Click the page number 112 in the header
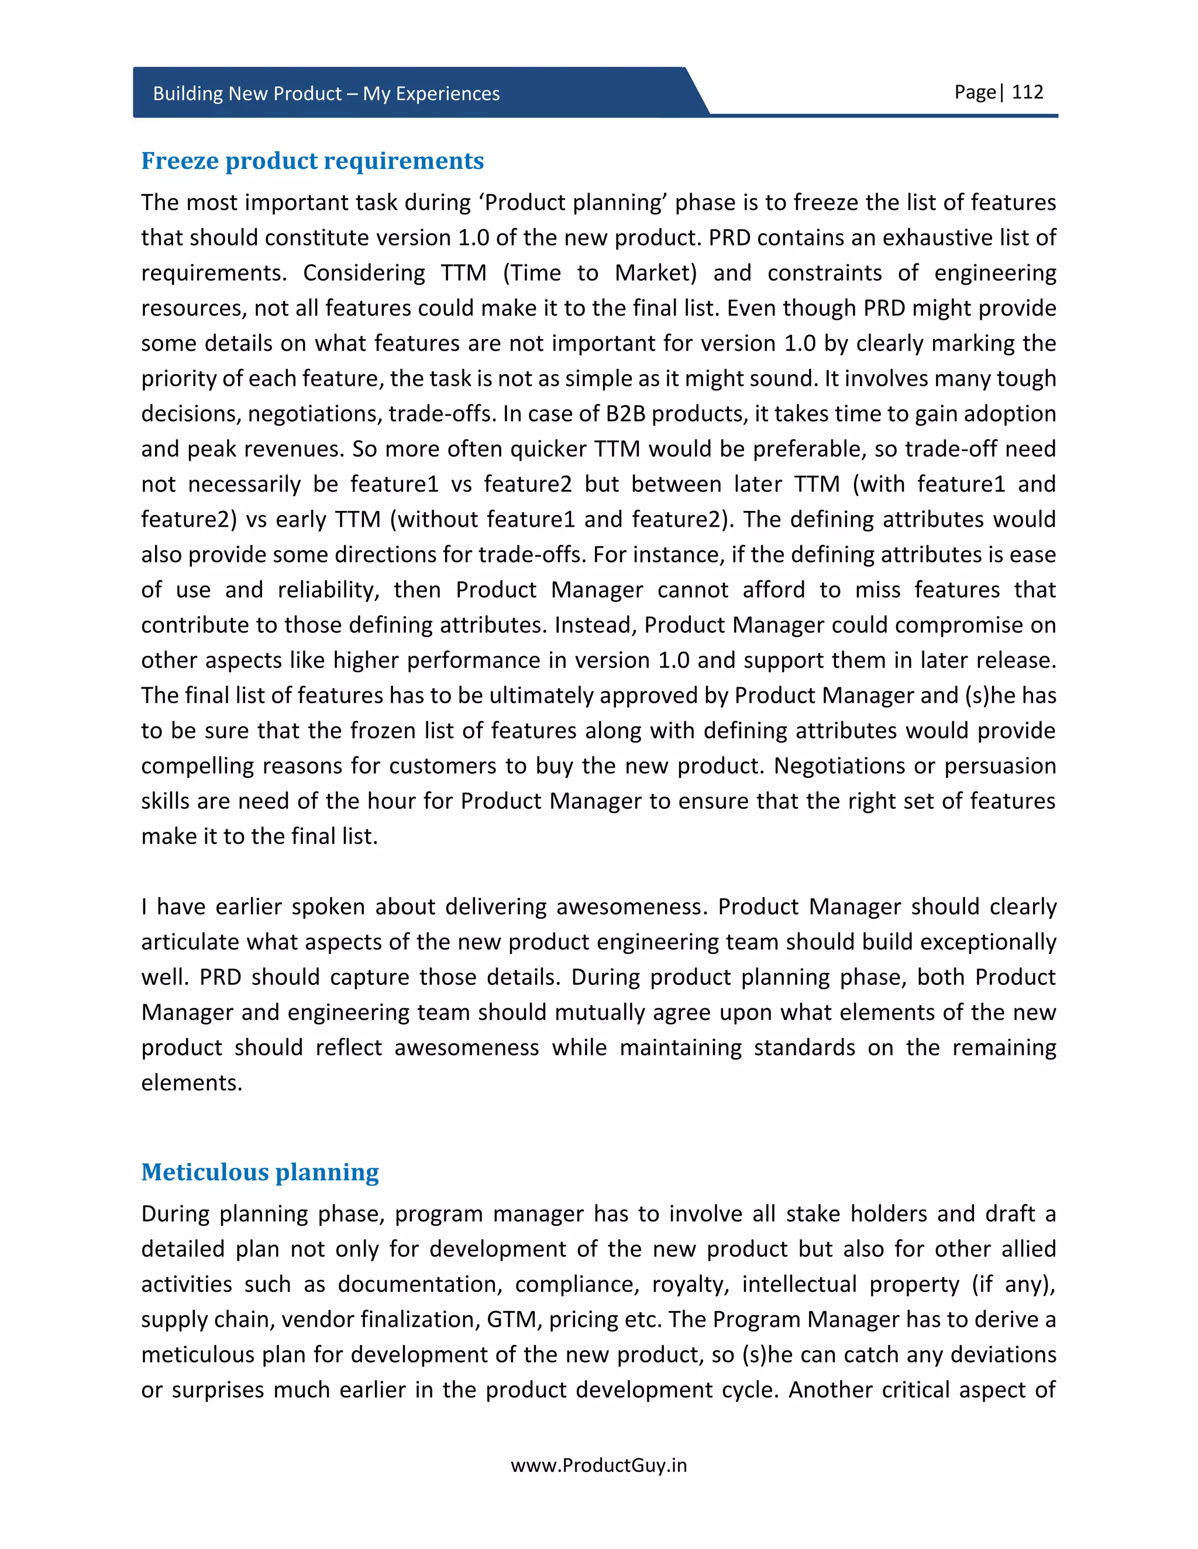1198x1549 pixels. click(1027, 92)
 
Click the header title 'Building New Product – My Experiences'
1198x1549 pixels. click(326, 94)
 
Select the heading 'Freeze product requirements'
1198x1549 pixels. click(312, 161)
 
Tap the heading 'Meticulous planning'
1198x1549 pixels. click(260, 1173)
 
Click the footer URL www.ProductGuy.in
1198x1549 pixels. click(598, 1465)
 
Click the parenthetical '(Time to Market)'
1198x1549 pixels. click(600, 273)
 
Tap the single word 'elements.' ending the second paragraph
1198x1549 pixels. click(192, 1083)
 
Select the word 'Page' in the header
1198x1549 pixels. click(975, 92)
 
